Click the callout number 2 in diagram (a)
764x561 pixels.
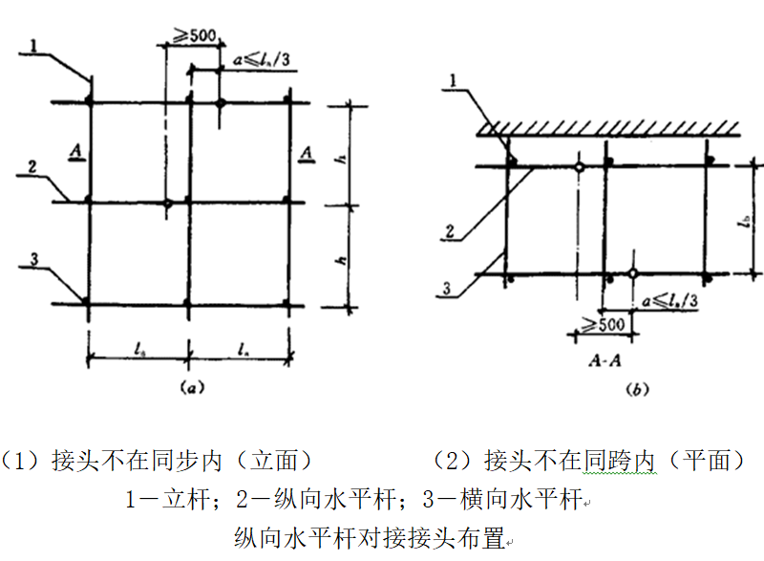point(32,167)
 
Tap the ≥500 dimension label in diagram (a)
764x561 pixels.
point(194,37)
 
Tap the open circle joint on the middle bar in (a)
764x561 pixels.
point(168,204)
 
